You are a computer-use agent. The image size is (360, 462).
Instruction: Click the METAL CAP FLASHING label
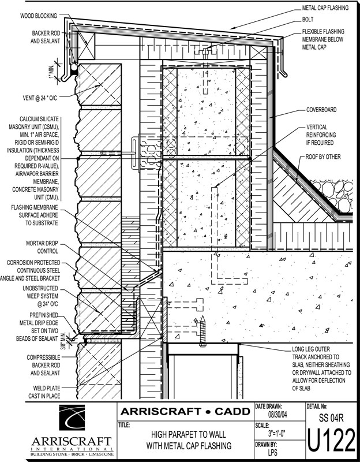click(x=325, y=8)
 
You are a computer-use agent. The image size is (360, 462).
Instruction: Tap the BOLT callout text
click(x=308, y=20)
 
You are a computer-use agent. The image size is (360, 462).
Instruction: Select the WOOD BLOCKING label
click(x=39, y=16)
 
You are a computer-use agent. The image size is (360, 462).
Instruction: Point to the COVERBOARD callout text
click(x=321, y=110)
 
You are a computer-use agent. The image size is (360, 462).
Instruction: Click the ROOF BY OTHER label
click(x=323, y=157)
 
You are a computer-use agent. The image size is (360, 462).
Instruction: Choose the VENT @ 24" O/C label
click(x=40, y=98)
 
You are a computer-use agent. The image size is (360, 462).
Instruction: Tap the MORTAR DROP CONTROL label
click(x=42, y=247)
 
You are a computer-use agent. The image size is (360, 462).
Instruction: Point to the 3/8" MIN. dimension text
click(x=63, y=341)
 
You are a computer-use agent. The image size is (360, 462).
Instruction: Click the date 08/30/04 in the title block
click(x=277, y=415)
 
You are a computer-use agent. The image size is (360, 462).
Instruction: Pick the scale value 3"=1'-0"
click(x=277, y=434)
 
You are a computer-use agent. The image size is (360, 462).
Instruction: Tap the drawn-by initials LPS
click(x=272, y=452)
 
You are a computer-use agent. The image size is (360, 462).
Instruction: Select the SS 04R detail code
click(x=331, y=418)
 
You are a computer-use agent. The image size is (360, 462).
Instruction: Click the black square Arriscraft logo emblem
click(x=72, y=418)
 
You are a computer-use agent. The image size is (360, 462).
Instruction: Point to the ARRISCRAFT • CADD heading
click(x=185, y=411)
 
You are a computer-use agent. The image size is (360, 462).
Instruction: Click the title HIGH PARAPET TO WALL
click(x=189, y=434)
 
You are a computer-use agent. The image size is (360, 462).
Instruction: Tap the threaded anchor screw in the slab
click(x=202, y=331)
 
